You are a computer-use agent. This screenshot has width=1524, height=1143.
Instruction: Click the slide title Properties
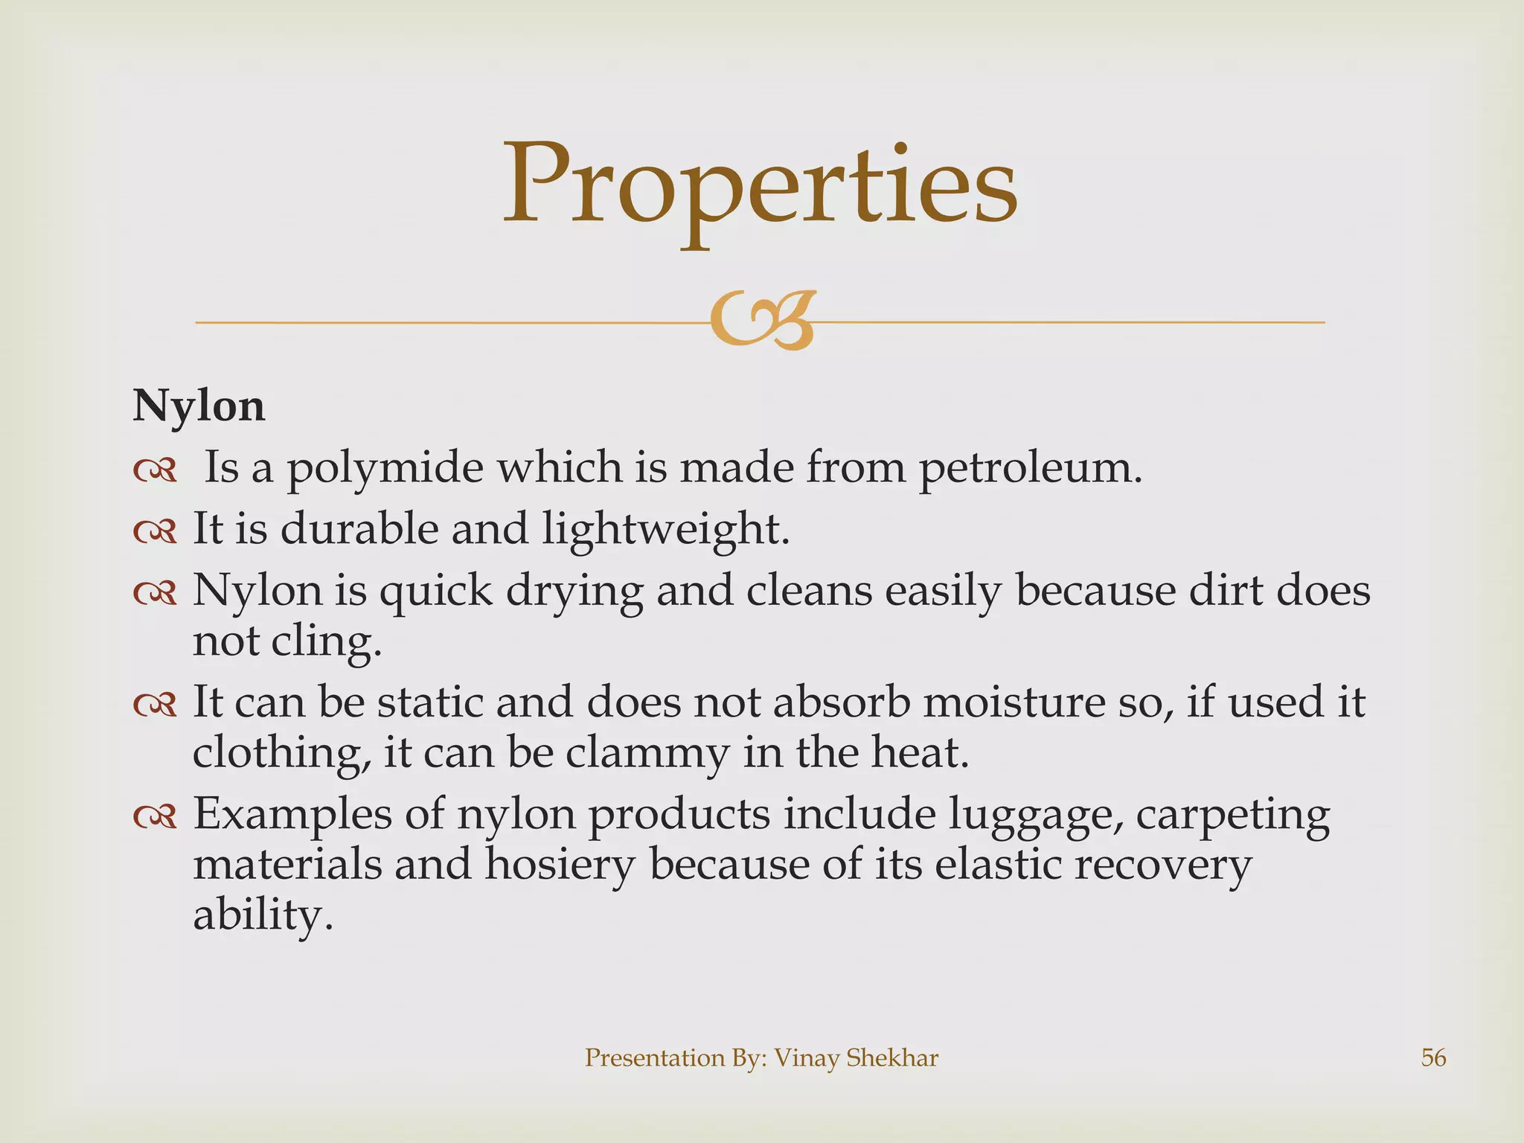tap(761, 186)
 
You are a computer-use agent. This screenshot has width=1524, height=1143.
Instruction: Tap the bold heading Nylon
tap(199, 406)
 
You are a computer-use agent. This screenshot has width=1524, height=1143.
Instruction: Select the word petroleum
tap(1030, 469)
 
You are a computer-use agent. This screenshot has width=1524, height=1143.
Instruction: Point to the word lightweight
tap(665, 530)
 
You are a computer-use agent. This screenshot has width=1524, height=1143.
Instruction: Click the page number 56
tap(1433, 1057)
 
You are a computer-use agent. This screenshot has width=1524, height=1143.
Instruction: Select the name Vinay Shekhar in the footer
tap(856, 1057)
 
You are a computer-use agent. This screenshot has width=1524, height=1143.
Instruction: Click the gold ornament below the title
tap(761, 321)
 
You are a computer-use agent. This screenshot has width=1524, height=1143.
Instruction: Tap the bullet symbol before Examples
tap(155, 817)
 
